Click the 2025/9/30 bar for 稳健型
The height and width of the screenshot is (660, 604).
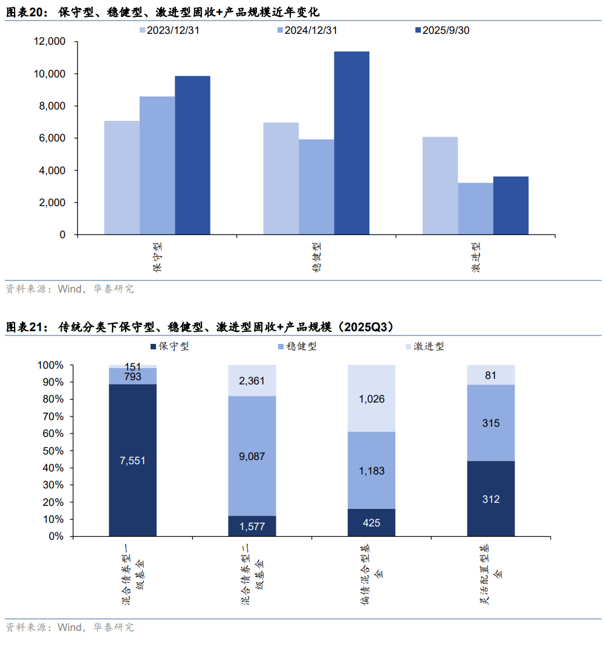coord(351,143)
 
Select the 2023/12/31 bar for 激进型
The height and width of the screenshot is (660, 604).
coord(440,186)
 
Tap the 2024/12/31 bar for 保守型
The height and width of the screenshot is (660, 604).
coord(157,165)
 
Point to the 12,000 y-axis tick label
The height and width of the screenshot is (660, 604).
coord(50,42)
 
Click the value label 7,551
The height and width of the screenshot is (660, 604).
coord(132,461)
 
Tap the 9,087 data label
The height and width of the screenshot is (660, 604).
coord(252,457)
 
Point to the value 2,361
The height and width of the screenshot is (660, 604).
coord(252,381)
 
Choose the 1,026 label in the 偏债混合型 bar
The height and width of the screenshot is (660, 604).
coord(371,399)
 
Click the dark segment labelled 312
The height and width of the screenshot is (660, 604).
coord(490,499)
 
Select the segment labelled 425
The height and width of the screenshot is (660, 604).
coord(371,523)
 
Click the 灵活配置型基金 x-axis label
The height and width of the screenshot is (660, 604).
coord(490,574)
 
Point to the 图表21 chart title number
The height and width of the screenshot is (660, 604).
coord(26,327)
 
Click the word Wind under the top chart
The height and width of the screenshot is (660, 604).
coord(69,289)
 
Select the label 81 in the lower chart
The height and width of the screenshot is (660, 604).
coord(490,375)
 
